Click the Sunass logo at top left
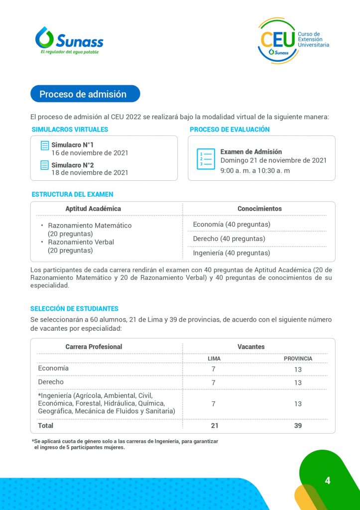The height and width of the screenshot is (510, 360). (69, 40)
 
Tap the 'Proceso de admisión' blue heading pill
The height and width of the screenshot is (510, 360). (85, 94)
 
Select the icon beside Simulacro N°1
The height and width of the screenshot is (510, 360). (45, 145)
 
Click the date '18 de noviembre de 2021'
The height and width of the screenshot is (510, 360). (90, 173)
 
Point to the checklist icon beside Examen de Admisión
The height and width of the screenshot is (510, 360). (206, 159)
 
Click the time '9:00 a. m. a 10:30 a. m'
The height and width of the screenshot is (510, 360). (255, 170)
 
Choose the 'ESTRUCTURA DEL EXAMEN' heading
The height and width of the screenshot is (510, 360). (73, 194)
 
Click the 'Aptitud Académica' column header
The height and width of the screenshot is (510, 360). (93, 209)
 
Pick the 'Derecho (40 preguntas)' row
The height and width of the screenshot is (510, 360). (229, 239)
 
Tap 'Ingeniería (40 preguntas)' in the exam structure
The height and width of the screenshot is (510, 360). (232, 253)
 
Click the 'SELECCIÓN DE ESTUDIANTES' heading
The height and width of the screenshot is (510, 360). (74, 309)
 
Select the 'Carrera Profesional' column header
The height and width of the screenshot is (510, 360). (94, 347)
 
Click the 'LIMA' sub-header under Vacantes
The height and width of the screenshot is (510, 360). (214, 359)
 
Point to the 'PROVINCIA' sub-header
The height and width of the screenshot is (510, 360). (298, 359)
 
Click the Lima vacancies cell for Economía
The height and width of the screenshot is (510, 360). (214, 370)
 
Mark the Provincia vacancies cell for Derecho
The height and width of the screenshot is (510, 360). (298, 383)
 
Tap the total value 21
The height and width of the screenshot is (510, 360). (214, 426)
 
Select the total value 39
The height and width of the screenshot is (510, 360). (298, 426)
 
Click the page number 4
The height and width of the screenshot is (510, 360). (327, 481)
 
